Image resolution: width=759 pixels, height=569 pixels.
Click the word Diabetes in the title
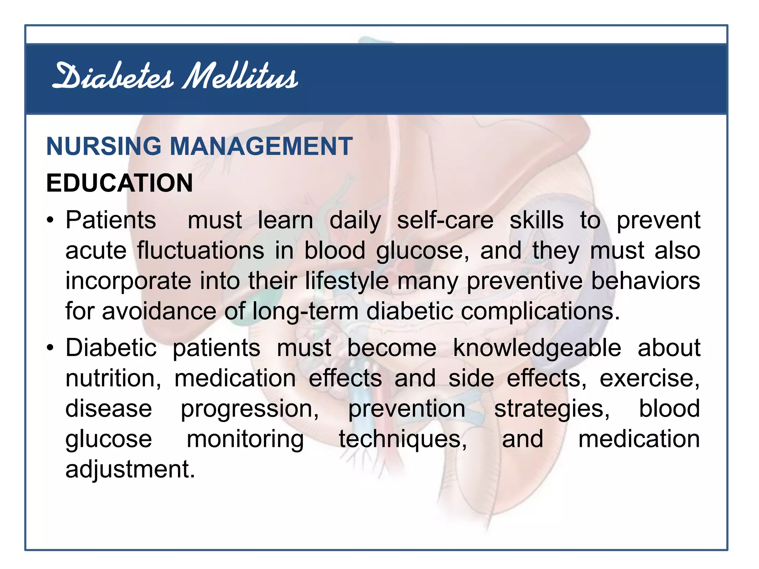click(113, 77)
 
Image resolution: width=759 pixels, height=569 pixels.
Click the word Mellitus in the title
click(240, 77)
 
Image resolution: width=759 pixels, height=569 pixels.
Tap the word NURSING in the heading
click(104, 146)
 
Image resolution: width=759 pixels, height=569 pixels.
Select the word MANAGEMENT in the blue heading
click(261, 146)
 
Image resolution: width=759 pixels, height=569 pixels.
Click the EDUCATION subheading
click(119, 183)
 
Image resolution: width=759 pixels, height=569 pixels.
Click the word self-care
click(445, 220)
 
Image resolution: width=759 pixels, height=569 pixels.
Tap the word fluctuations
click(200, 251)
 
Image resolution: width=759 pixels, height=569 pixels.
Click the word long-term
click(305, 311)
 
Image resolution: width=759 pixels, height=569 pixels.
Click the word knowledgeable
click(537, 349)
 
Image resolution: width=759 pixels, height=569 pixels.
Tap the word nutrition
click(113, 379)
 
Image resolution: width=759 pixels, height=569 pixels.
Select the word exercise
click(649, 379)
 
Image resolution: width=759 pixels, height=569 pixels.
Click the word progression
click(249, 409)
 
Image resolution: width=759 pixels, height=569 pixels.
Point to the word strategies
click(552, 409)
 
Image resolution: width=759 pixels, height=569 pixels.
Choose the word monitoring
click(245, 439)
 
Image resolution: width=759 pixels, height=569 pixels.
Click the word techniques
click(403, 439)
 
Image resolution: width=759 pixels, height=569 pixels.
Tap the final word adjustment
click(130, 470)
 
